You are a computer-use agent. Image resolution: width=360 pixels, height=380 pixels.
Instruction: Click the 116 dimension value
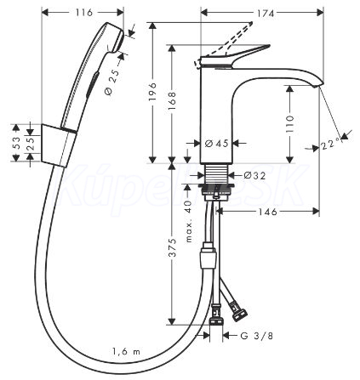click(x=84, y=13)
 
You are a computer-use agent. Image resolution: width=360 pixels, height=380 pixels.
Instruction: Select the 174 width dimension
click(x=265, y=14)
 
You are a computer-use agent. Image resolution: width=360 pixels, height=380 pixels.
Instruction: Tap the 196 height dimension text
click(x=152, y=92)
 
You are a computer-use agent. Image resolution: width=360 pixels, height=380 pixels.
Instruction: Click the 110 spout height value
click(x=289, y=124)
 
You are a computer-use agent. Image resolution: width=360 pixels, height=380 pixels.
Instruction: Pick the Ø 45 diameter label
click(x=216, y=144)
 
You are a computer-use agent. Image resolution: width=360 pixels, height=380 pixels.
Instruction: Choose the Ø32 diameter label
click(x=254, y=176)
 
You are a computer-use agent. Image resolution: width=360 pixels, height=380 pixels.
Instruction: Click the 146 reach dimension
click(x=267, y=212)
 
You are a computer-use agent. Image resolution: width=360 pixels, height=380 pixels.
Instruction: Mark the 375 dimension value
click(x=172, y=247)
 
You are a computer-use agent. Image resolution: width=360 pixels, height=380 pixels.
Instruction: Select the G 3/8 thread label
click(x=256, y=336)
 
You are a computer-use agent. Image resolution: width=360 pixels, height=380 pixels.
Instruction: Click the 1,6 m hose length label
click(x=126, y=352)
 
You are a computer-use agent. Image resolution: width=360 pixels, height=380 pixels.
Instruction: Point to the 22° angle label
click(x=331, y=145)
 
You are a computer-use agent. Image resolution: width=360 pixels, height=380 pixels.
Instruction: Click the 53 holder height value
click(x=16, y=143)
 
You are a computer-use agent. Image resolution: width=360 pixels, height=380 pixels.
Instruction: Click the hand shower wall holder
click(x=58, y=145)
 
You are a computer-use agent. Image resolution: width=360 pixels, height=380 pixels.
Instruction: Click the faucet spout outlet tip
click(x=318, y=85)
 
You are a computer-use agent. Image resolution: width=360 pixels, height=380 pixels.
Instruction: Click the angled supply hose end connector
click(x=240, y=313)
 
